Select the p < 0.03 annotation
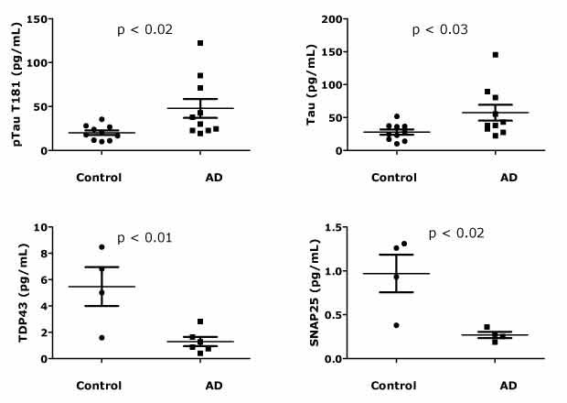point(440,30)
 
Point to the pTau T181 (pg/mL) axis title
point(13,84)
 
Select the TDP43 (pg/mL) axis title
point(13,295)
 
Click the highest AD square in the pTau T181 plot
point(200,43)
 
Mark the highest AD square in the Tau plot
point(495,55)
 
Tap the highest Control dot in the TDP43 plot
point(102,247)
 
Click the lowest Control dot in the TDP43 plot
point(102,337)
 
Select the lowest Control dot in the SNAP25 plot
point(396,325)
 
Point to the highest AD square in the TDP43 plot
point(200,321)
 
